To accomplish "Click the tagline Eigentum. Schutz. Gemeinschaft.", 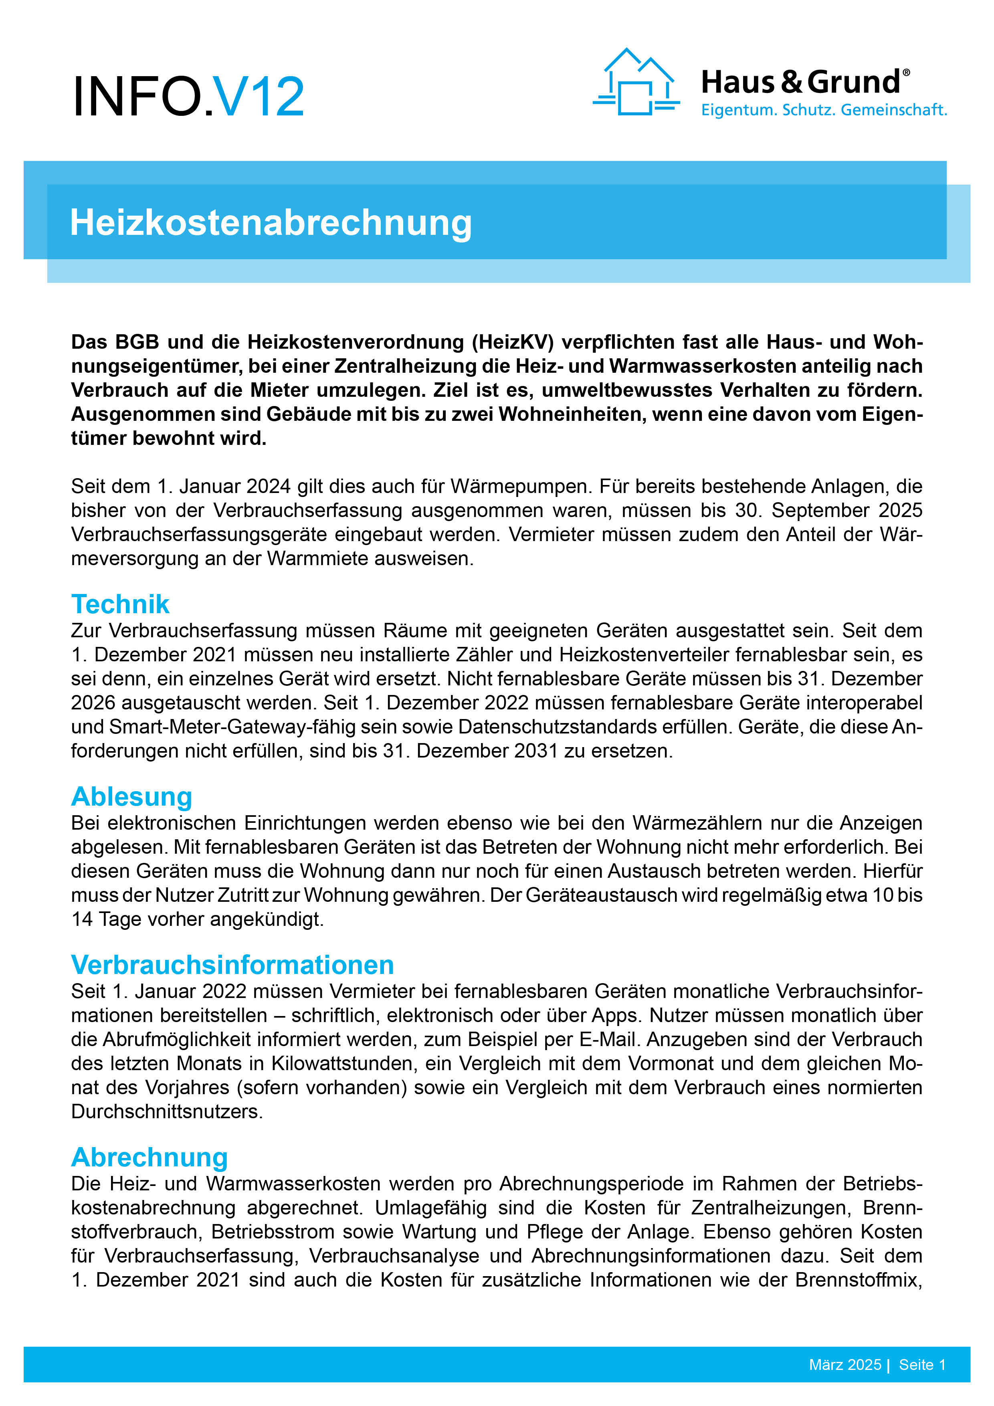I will coord(824,110).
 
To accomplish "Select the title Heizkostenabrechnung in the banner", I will coord(271,222).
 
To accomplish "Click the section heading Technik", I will coord(120,604).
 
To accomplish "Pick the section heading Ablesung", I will coord(132,797).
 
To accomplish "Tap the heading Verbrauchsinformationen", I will coord(232,965).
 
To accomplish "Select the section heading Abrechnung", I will coord(150,1158).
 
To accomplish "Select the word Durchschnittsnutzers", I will coord(167,1111).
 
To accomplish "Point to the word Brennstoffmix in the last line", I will coord(857,1280).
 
